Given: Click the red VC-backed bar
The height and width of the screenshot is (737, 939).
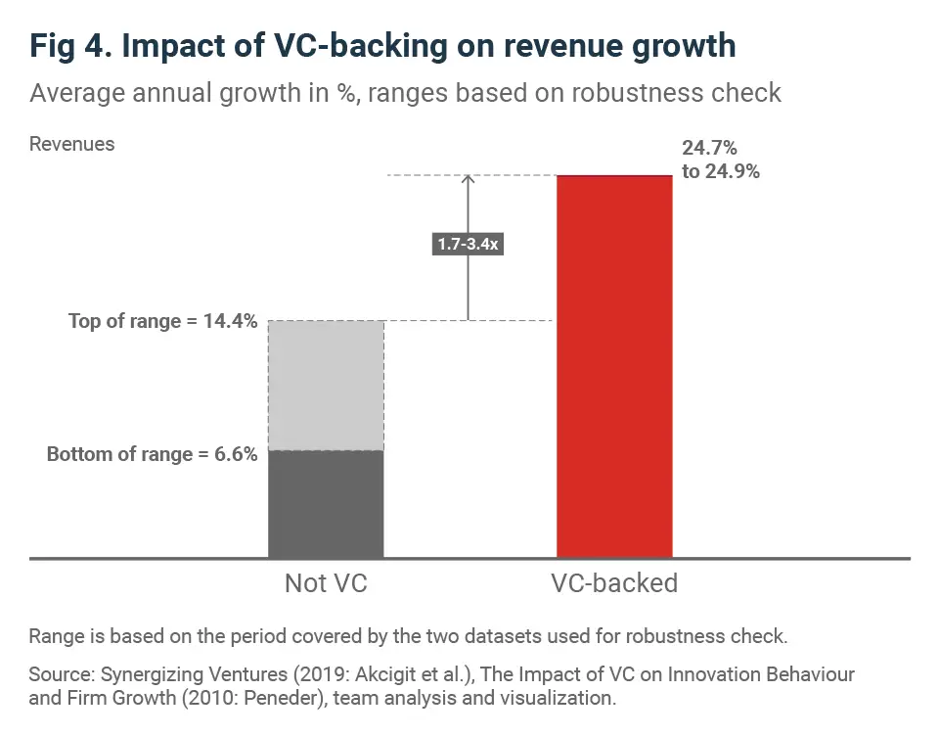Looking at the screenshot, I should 614,367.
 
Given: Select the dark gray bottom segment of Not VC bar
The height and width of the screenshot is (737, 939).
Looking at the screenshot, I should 326,504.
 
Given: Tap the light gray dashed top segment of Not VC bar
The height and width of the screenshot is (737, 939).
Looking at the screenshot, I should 326,386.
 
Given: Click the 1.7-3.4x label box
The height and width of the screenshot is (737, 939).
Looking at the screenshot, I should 468,244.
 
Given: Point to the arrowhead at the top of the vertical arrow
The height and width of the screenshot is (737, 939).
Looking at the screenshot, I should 469,180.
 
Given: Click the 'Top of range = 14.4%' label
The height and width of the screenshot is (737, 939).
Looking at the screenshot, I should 163,321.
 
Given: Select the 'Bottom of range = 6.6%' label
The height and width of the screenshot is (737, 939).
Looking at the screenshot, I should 153,454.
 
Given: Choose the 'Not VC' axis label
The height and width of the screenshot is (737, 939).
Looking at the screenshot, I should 326,583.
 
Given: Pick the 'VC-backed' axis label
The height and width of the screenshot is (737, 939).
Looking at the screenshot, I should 614,583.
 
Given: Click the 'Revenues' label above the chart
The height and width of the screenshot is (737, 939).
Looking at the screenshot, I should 71,144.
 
